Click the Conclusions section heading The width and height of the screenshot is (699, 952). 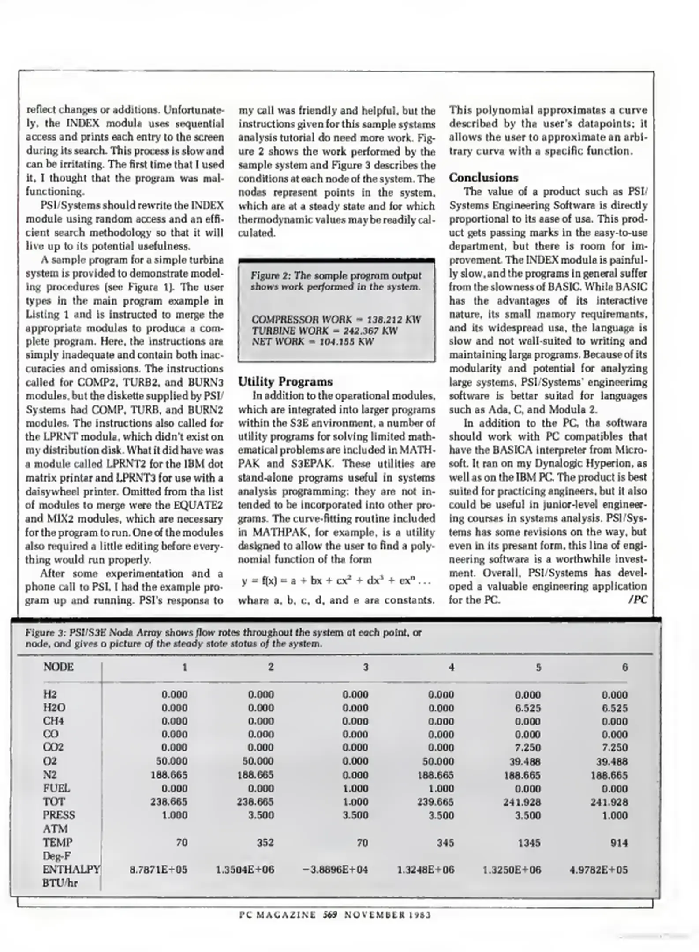(483, 178)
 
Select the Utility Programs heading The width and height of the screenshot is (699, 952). (285, 382)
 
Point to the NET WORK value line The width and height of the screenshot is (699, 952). (313, 342)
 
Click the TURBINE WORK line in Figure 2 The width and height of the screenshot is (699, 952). (325, 331)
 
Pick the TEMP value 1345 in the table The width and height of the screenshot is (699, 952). (529, 843)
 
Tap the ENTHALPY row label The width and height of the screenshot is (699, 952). (71, 870)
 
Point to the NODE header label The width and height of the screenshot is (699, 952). (59, 667)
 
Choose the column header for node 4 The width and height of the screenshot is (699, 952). (451, 667)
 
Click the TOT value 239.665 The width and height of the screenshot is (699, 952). (435, 802)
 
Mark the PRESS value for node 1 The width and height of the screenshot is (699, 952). (175, 815)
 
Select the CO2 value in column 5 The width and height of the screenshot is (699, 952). (528, 747)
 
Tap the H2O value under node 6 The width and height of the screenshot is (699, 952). (615, 708)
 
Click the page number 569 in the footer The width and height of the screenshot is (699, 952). (330, 915)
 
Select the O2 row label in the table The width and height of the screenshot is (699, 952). (50, 761)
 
